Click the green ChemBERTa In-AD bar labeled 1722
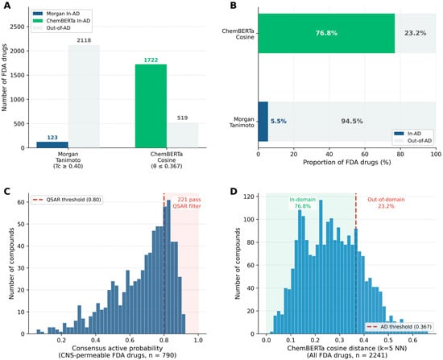(151, 106)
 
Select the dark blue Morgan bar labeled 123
(52, 145)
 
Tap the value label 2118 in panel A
(84, 40)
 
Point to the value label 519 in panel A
(182, 118)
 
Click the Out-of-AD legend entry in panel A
(52, 28)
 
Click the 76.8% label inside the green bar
(326, 33)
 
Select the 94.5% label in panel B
(352, 122)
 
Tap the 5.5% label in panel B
(279, 122)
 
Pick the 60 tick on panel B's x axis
(365, 154)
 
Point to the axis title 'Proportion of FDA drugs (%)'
(347, 163)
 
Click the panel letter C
(6, 192)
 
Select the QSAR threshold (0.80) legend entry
(67, 200)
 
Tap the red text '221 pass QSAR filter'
(187, 203)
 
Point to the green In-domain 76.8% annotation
(303, 203)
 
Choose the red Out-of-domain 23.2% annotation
(386, 203)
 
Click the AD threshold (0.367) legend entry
(399, 327)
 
